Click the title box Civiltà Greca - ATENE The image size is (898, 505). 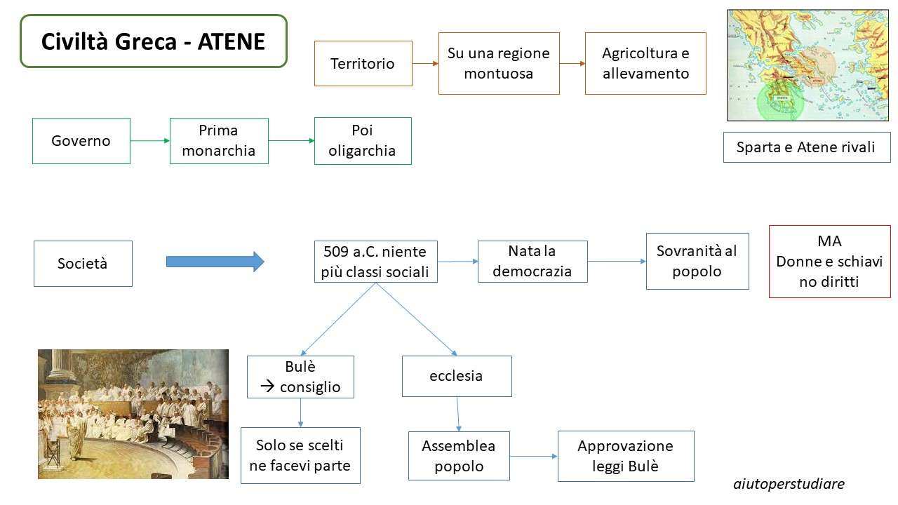click(154, 41)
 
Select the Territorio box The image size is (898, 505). click(363, 63)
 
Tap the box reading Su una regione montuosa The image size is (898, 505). click(499, 63)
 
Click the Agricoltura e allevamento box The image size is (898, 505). click(645, 63)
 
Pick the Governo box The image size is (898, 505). click(81, 141)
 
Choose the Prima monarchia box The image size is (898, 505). click(219, 141)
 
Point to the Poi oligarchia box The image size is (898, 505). click(363, 141)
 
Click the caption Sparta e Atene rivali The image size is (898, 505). click(807, 147)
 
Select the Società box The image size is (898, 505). click(83, 263)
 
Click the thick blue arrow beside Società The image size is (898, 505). click(215, 262)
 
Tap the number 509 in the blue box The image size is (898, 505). click(336, 252)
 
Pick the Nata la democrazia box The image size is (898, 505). click(532, 262)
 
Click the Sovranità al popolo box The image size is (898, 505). click(697, 261)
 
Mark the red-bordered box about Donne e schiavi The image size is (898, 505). click(829, 262)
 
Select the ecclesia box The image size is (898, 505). click(457, 376)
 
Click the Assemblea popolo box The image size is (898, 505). click(459, 456)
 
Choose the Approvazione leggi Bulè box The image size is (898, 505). click(626, 456)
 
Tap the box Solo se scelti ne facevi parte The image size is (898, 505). click(300, 455)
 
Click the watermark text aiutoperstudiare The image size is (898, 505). click(789, 484)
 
